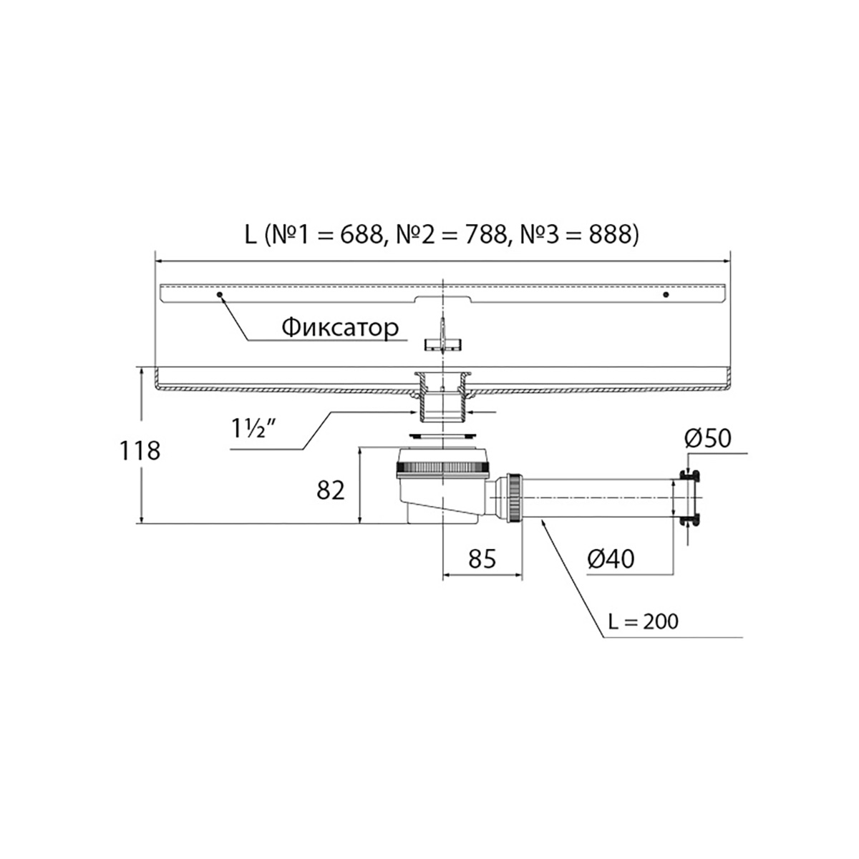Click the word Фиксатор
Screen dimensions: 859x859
[x=340, y=328]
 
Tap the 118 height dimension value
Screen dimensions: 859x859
[x=140, y=451]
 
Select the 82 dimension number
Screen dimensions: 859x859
[x=331, y=490]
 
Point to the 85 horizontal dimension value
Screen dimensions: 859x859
[x=482, y=558]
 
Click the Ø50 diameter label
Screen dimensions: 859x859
[x=708, y=438]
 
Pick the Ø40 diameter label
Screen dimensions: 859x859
[x=611, y=558]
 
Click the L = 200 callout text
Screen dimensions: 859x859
[x=644, y=621]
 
